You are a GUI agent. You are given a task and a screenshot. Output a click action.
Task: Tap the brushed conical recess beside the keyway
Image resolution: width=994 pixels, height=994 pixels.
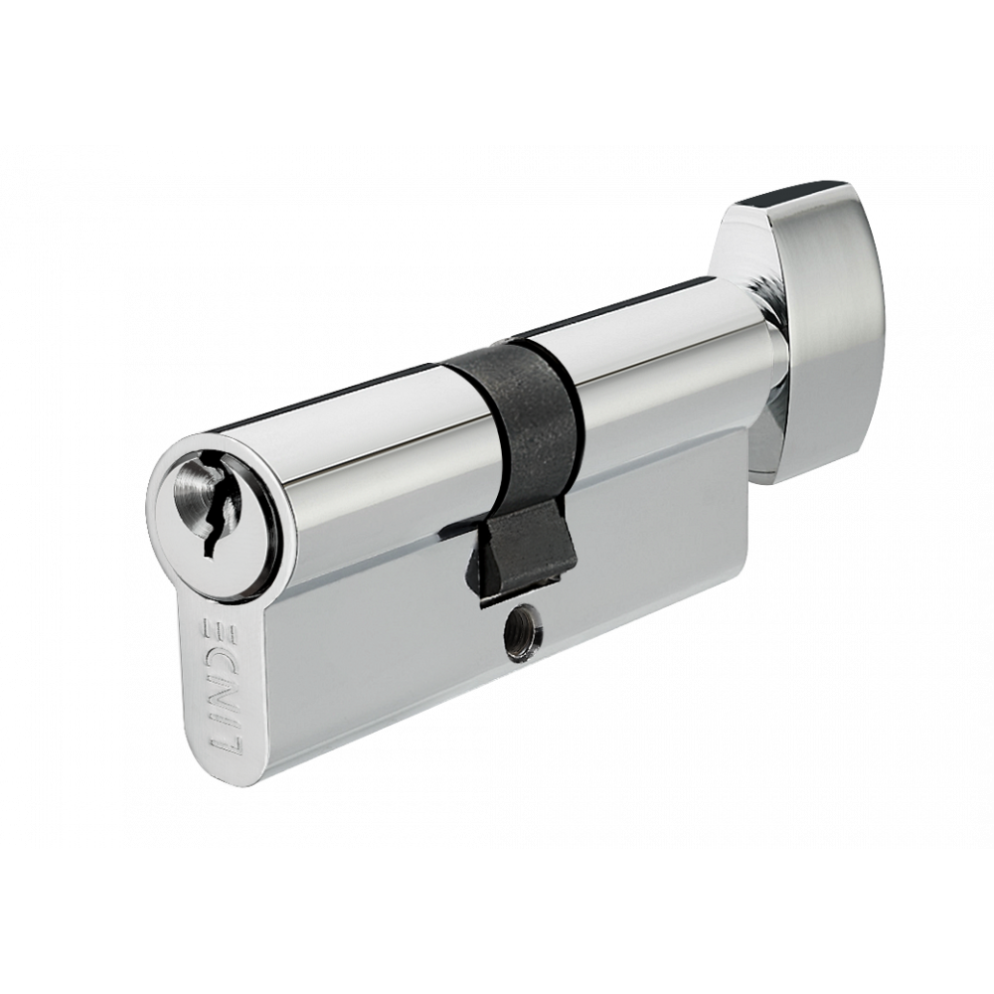point(188,498)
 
